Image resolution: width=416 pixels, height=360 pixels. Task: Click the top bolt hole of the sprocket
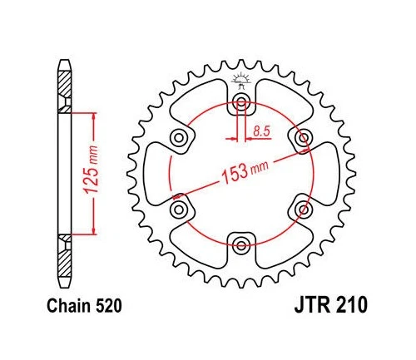[241, 104]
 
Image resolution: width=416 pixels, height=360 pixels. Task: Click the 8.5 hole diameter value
[262, 131]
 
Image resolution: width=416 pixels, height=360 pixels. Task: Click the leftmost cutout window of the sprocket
[158, 174]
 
